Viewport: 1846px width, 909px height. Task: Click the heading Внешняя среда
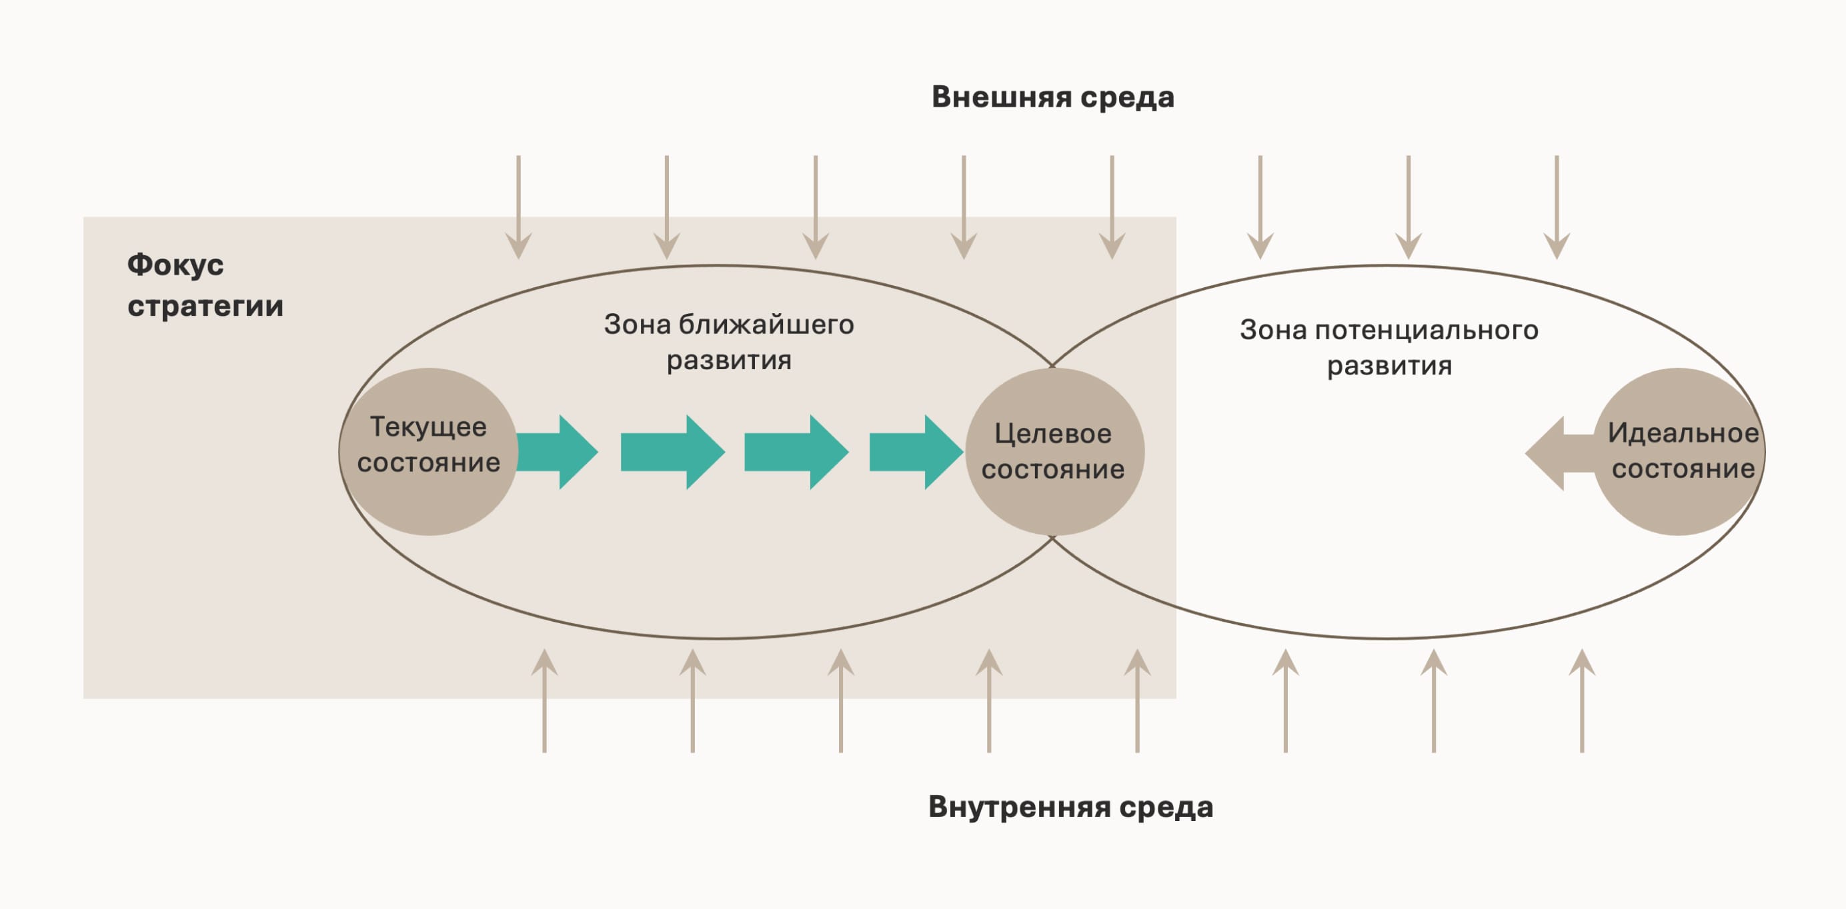[1052, 97]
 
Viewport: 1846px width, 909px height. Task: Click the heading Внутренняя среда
[1070, 807]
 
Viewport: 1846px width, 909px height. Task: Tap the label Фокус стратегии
[205, 285]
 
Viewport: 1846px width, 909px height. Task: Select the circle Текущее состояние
[429, 451]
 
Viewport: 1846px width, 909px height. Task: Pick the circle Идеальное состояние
[1679, 451]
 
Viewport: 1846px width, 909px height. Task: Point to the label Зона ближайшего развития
[729, 343]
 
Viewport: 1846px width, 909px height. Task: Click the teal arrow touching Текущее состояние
[558, 452]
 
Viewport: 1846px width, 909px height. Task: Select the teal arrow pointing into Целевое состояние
[916, 452]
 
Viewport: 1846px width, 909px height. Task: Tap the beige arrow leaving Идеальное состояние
[1560, 453]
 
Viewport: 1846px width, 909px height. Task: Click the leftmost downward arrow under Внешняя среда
[518, 207]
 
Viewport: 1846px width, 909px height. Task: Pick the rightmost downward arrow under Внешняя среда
[1557, 207]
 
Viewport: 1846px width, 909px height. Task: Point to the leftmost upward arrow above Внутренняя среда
[545, 700]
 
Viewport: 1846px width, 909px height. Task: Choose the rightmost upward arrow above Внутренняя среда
[1581, 700]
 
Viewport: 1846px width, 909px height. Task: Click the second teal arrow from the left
[673, 452]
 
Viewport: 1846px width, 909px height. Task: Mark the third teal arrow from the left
[797, 452]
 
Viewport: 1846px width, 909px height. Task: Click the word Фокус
[175, 265]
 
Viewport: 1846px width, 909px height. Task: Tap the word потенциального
[1427, 331]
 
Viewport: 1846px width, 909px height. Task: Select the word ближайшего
[767, 325]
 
